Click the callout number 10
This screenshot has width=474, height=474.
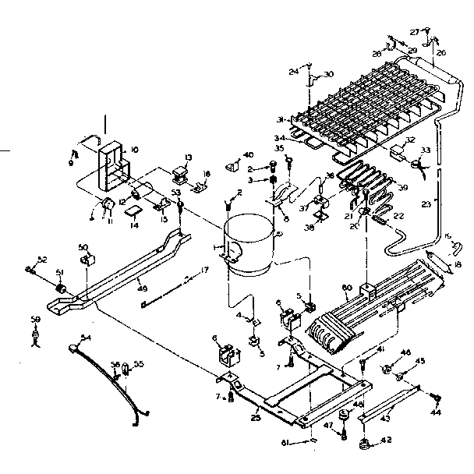(134, 148)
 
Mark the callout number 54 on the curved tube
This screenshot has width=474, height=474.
(86, 337)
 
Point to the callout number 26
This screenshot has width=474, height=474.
(440, 53)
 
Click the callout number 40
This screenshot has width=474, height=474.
(248, 154)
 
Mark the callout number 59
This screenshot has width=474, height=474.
(35, 319)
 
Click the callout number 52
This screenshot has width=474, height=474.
(42, 260)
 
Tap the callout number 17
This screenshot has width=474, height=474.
(206, 270)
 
